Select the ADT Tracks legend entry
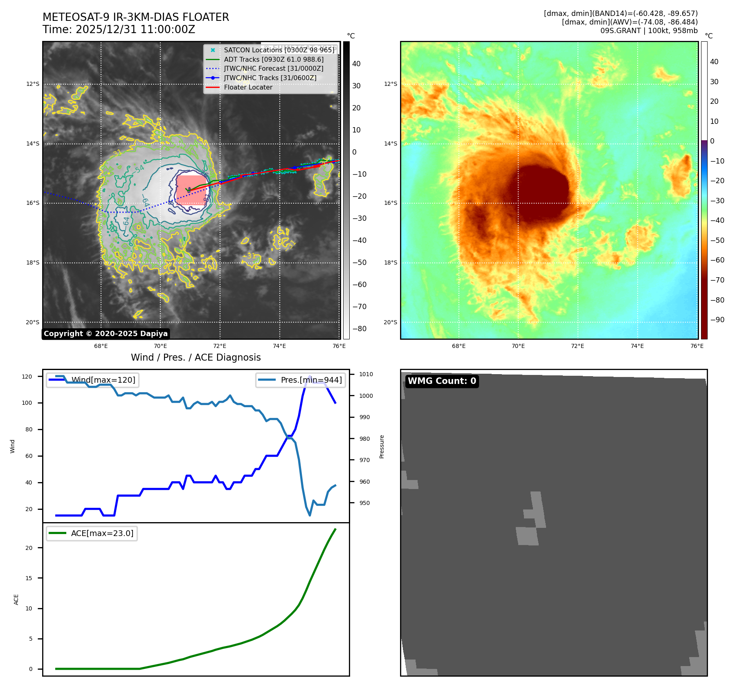273,59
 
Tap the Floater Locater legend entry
248,87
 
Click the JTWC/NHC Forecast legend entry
273,69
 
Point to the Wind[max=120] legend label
103,380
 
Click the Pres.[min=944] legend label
311,380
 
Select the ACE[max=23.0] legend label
102,533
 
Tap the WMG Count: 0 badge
442,381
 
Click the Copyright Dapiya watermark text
106,334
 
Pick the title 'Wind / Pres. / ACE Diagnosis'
196,357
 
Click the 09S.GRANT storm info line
649,31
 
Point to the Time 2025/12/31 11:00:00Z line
119,30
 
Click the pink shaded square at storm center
191,190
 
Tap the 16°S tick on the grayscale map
33,203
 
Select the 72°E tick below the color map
577,346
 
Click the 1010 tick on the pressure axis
366,374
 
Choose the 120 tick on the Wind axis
27,377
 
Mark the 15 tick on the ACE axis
29,578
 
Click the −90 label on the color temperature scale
717,320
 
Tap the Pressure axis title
382,446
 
